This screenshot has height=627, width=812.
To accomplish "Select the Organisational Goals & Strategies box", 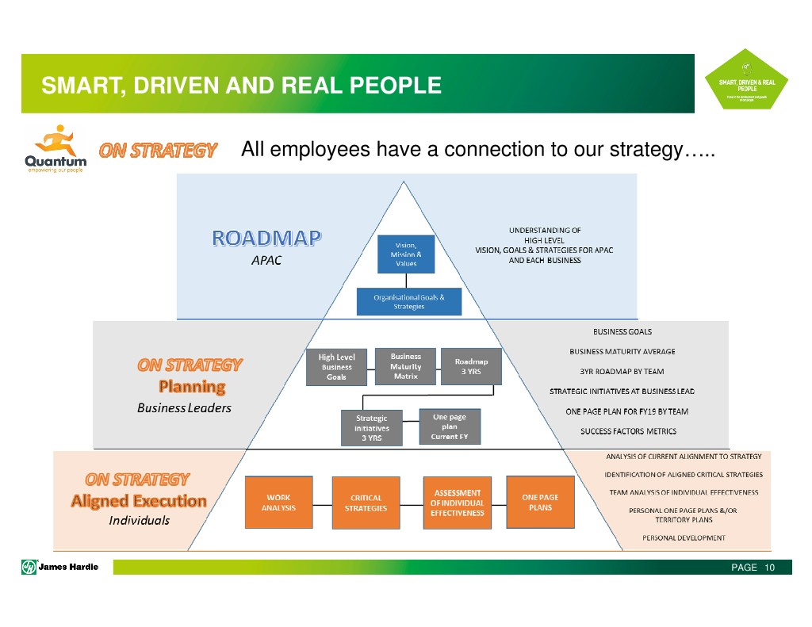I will coord(408,302).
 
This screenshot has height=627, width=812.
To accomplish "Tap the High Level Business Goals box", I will coord(337,367).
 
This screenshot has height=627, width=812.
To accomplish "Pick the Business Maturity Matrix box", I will coord(406,366).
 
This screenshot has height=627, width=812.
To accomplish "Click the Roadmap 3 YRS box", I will coord(471,366).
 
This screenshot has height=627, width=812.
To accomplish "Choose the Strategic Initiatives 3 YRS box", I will coord(371,428).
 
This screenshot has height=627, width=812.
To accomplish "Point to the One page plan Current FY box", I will coord(449,426).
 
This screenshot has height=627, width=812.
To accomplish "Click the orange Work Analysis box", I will coord(278,503).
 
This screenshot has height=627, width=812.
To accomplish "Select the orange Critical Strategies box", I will coord(366,503).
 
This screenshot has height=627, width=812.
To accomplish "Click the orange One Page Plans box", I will coord(540,503).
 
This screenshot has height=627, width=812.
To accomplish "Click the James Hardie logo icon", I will coord(29,567).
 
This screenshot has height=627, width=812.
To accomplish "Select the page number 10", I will coord(769,568).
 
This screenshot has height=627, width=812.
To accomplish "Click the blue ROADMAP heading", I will coord(266,239).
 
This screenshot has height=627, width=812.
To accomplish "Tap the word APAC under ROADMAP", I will coord(266,261).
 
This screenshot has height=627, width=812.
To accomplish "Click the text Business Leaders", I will coord(184,409).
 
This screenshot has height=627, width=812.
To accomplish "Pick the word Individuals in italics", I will coord(139,521).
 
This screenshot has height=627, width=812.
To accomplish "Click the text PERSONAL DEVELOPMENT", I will coord(684,537).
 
